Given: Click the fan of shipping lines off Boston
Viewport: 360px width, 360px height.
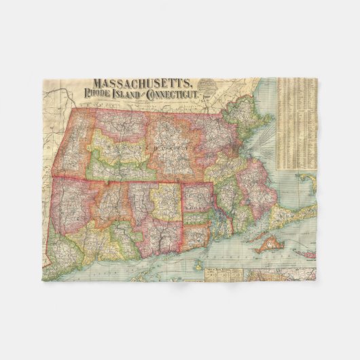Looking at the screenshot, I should point(262,143).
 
